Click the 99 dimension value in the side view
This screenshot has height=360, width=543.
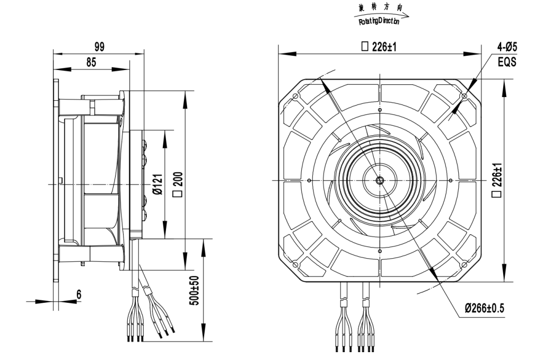click(x=99, y=47)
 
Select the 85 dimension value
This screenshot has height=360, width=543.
click(x=91, y=63)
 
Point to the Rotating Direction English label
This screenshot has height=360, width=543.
click(x=379, y=22)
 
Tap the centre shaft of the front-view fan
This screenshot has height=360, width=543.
click(x=379, y=180)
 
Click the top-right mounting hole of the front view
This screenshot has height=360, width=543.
click(x=465, y=96)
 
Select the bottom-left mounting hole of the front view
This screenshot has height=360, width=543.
click(x=295, y=264)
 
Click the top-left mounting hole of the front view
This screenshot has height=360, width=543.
click(x=295, y=96)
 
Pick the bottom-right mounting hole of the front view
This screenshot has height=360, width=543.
click(x=465, y=264)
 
